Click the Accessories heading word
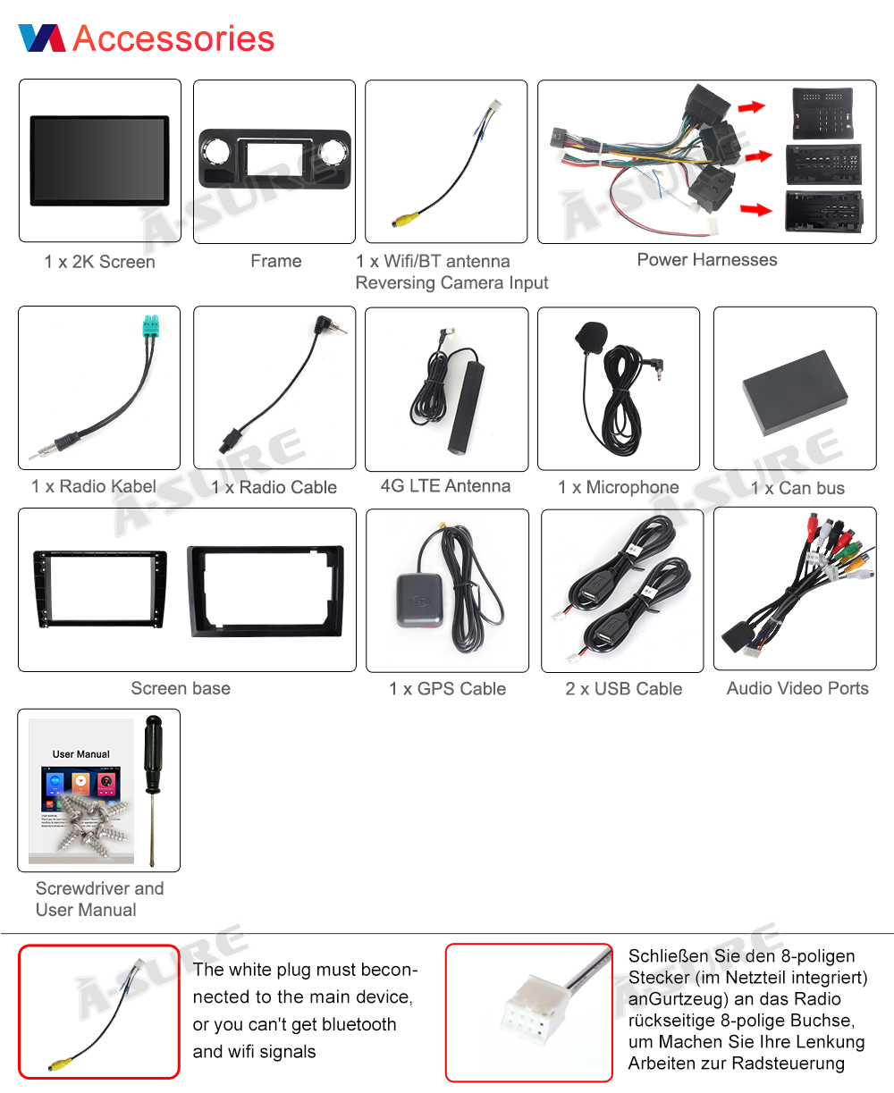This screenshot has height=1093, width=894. pos(173,38)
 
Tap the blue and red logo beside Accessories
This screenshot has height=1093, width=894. pos(42,38)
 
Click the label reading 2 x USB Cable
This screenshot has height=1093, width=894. pos(623,689)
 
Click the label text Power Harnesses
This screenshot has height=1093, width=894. pos(706,260)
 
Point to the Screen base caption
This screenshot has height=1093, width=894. pos(181,688)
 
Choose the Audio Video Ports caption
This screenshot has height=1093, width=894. pos(797,688)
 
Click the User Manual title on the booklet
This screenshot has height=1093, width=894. pos(80,754)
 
